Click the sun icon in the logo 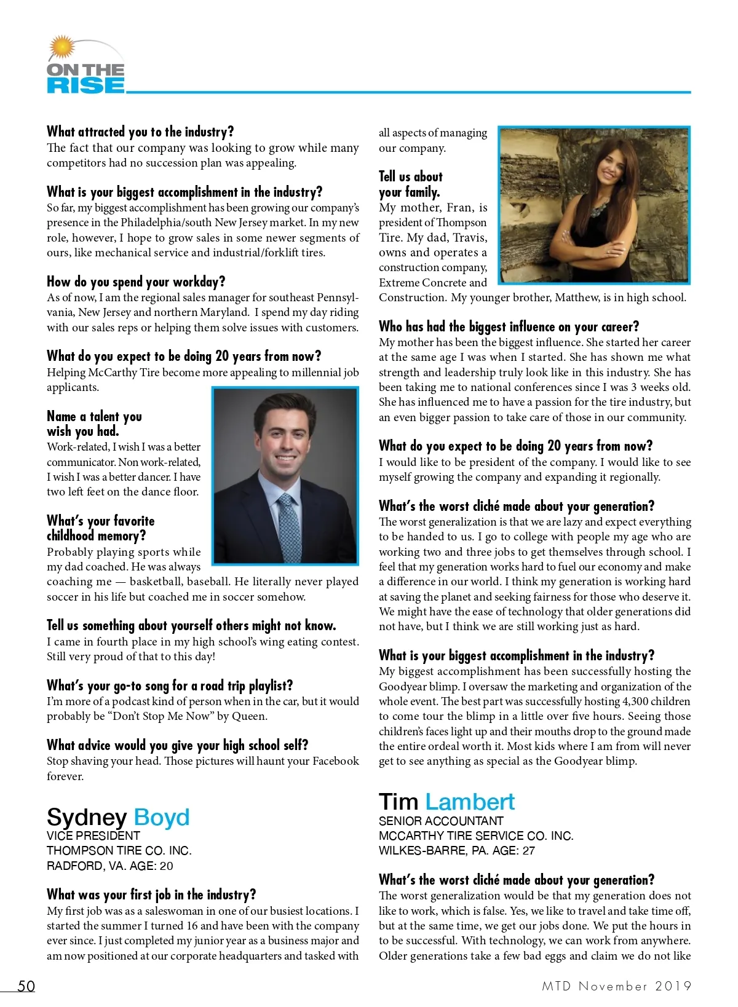click(x=61, y=47)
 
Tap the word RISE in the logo click(x=85, y=85)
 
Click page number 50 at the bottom click(x=26, y=986)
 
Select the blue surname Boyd click(x=161, y=817)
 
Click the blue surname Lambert click(x=470, y=802)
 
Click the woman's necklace click(x=597, y=208)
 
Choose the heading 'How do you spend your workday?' click(x=136, y=282)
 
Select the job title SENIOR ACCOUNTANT click(x=441, y=821)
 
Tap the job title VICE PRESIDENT click(x=93, y=835)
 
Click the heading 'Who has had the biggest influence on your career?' click(x=509, y=326)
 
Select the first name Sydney click(x=87, y=817)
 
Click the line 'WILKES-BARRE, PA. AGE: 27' click(x=457, y=851)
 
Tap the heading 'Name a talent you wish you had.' click(x=94, y=424)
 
